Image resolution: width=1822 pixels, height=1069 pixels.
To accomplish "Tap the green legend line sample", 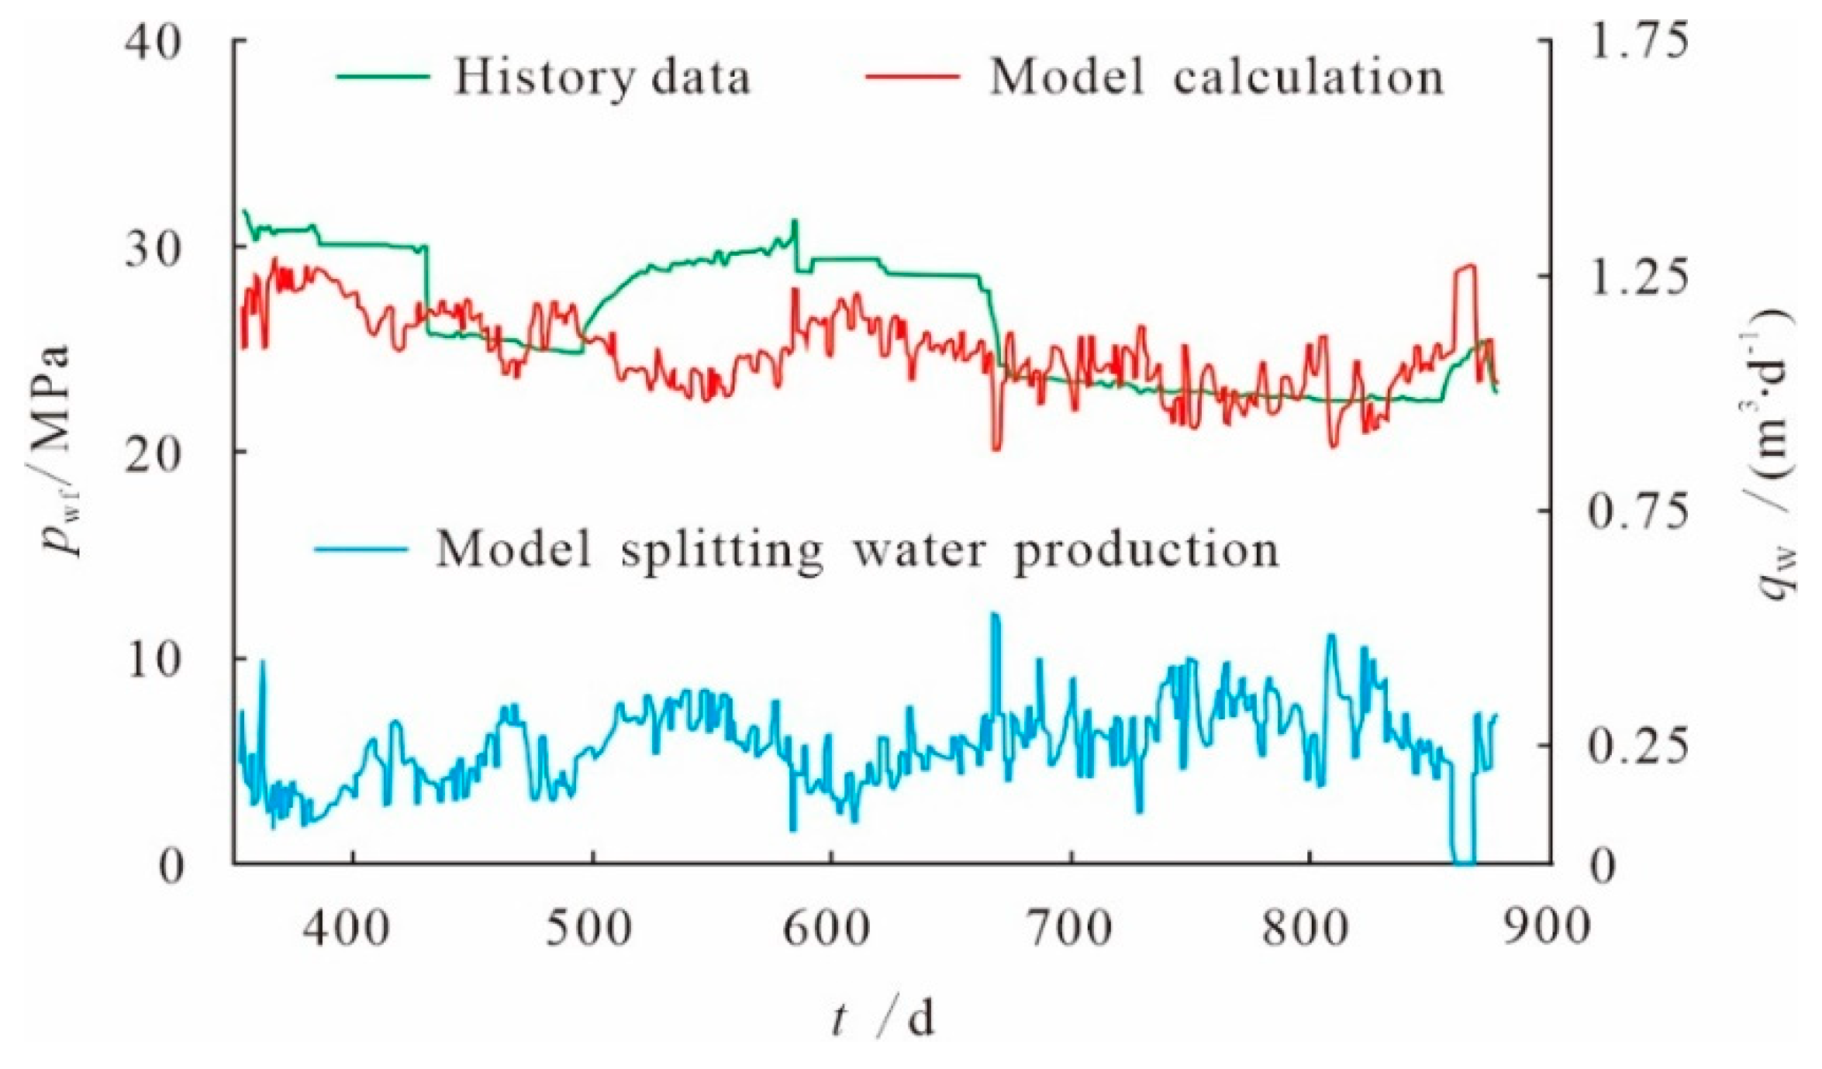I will [383, 77].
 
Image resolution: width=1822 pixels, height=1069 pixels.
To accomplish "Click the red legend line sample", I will [913, 77].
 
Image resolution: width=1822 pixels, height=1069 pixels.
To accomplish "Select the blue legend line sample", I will [361, 550].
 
